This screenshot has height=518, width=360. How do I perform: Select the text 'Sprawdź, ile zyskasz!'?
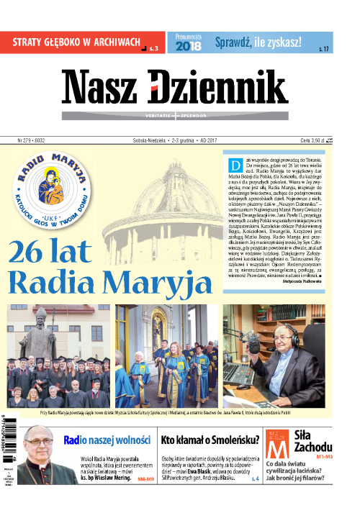[x=258, y=42]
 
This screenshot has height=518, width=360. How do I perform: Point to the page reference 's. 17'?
[x=323, y=48]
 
